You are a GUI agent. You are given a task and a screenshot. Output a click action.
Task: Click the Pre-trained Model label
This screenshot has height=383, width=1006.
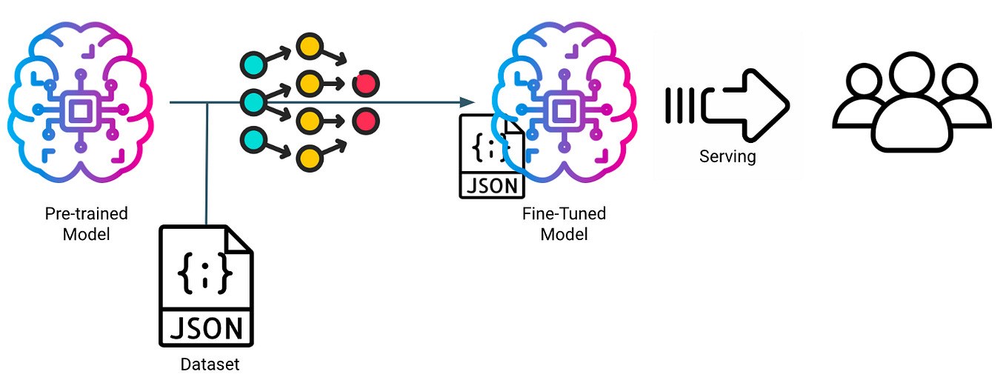(x=86, y=224)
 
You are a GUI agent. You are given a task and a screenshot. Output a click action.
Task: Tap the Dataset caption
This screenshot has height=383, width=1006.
(x=210, y=364)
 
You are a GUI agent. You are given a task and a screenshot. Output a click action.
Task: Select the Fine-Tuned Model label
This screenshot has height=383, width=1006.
(x=564, y=224)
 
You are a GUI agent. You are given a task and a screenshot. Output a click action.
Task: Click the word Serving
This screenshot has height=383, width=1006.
(x=727, y=156)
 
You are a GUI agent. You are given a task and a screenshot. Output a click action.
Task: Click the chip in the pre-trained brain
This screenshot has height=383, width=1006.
(x=79, y=110)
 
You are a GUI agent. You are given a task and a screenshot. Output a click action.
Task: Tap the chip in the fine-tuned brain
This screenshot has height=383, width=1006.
(x=564, y=110)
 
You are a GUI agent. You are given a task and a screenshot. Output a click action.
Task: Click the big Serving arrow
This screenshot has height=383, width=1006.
(x=744, y=105)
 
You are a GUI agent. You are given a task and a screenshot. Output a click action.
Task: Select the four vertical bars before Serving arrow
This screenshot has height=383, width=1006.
(x=680, y=105)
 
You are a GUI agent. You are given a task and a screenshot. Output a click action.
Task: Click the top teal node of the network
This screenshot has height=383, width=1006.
(x=253, y=64)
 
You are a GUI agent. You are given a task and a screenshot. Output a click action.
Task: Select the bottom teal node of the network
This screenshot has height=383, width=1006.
(x=253, y=139)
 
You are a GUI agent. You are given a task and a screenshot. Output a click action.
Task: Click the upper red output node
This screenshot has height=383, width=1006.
(x=364, y=83)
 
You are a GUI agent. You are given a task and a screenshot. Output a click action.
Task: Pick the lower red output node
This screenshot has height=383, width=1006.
(x=364, y=120)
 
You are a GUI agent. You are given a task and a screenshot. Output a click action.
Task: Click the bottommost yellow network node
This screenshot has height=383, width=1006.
(x=309, y=157)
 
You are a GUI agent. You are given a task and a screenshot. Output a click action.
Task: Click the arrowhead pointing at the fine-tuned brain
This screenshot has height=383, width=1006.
(x=467, y=102)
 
